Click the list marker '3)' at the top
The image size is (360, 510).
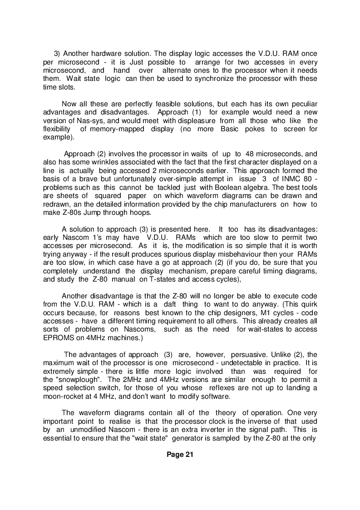coord(58,54)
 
